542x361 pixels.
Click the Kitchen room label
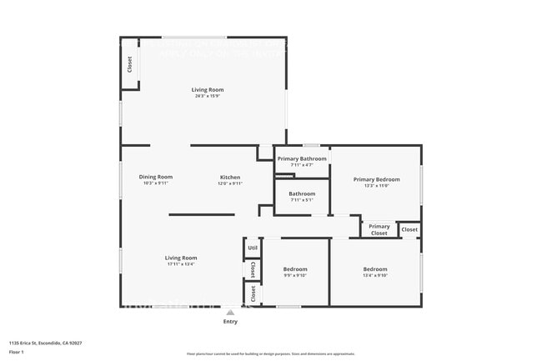pyautogui.click(x=230, y=177)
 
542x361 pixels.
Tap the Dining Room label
pyautogui.click(x=156, y=177)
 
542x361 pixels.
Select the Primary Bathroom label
pyautogui.click(x=302, y=158)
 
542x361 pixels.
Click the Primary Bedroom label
pyautogui.click(x=376, y=179)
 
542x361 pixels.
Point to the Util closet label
pyautogui.click(x=253, y=248)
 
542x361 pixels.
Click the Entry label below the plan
pyautogui.click(x=230, y=321)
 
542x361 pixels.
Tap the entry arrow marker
pyautogui.click(x=230, y=312)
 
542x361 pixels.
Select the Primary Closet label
pyautogui.click(x=379, y=229)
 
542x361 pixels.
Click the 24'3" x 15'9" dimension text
pyautogui.click(x=208, y=96)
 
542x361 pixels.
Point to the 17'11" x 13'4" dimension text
pyautogui.click(x=181, y=264)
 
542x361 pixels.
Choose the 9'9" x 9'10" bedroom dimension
pyautogui.click(x=295, y=275)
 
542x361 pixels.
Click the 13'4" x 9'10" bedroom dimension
pyautogui.click(x=375, y=275)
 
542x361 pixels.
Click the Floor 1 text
pyautogui.click(x=17, y=352)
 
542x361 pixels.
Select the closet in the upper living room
pyautogui.click(x=129, y=63)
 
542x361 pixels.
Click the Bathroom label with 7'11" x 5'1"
pyautogui.click(x=302, y=196)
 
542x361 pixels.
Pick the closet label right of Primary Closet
pyautogui.click(x=409, y=229)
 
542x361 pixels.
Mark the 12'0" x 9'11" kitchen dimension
pyautogui.click(x=230, y=183)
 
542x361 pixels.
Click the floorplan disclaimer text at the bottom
pyautogui.click(x=270, y=353)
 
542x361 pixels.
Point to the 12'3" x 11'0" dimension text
pyautogui.click(x=376, y=185)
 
